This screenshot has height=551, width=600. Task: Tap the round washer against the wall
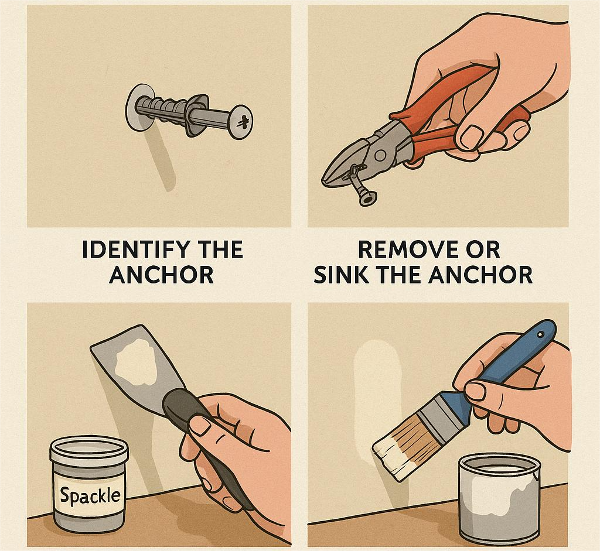coord(137,107)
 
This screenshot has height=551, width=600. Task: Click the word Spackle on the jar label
coord(90,496)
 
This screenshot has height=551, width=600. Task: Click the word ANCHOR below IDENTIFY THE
coord(161,274)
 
